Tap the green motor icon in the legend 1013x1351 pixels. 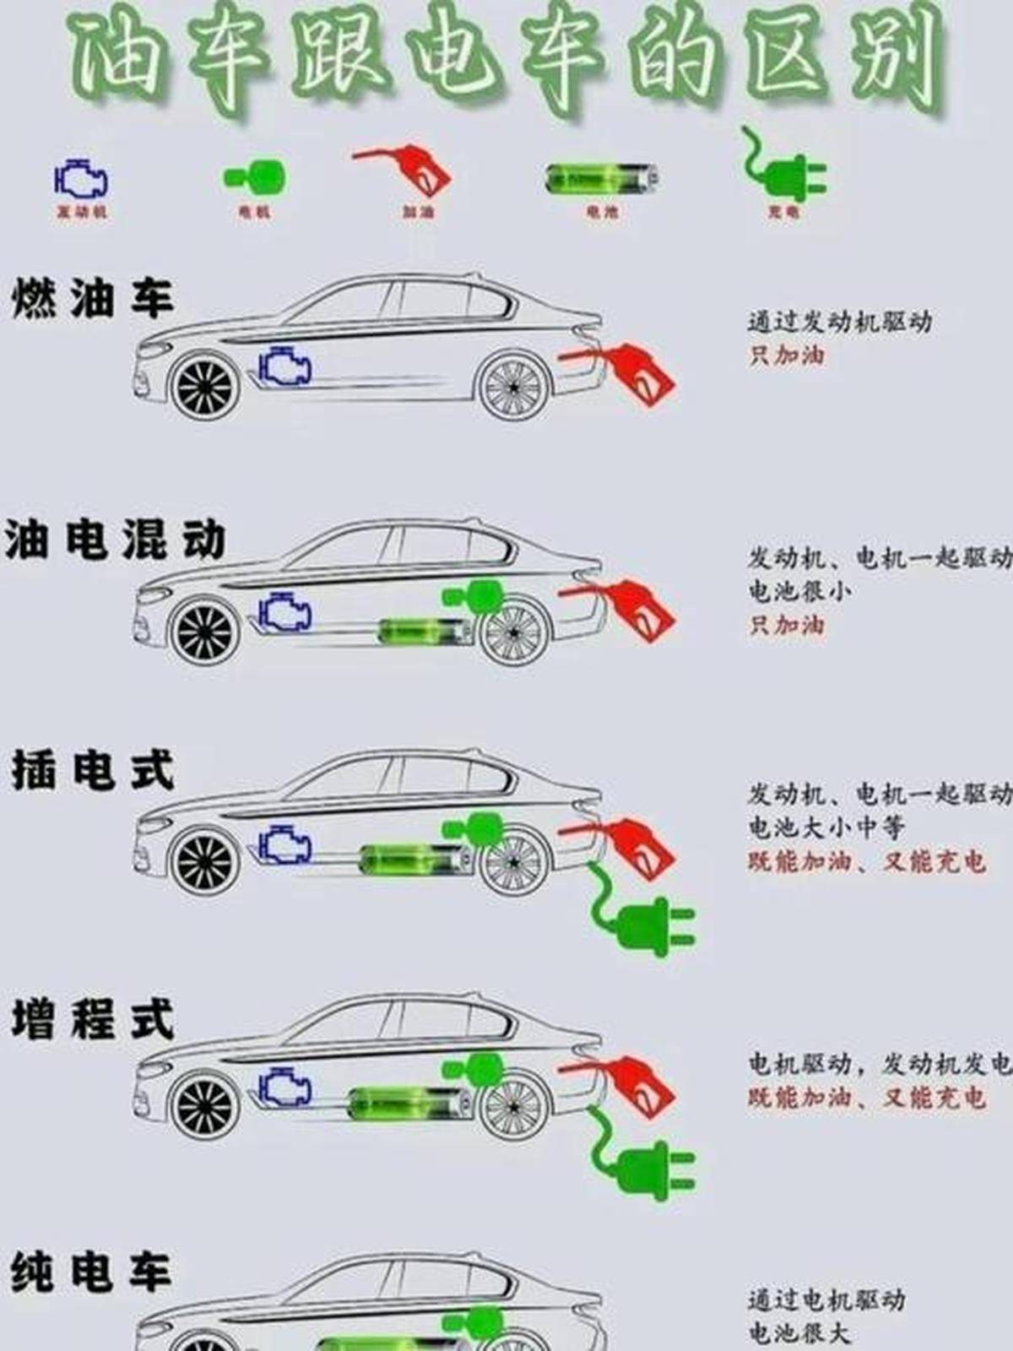(254, 178)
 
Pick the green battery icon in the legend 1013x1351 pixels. (602, 179)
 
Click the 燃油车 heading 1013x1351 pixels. (93, 300)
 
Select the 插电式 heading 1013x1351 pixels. (93, 770)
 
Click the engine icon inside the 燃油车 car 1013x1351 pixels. (284, 368)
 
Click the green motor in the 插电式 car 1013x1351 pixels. (474, 827)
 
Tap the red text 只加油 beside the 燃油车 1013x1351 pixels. (786, 355)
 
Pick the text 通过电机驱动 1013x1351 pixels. (826, 1299)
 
